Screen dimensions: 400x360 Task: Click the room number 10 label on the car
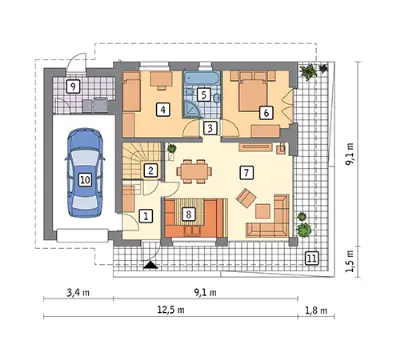pyautogui.click(x=85, y=180)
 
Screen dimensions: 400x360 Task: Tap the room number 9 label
pyautogui.click(x=73, y=87)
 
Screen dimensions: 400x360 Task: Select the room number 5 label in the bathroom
pyautogui.click(x=203, y=94)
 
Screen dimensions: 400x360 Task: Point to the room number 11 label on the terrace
pyautogui.click(x=312, y=258)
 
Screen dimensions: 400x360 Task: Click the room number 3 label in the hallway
pyautogui.click(x=210, y=128)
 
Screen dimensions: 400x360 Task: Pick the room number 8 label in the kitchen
pyautogui.click(x=189, y=214)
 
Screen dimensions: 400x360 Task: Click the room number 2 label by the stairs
pyautogui.click(x=151, y=171)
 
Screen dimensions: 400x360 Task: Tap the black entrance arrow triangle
pyautogui.click(x=152, y=265)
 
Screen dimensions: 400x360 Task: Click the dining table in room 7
pyautogui.click(x=194, y=171)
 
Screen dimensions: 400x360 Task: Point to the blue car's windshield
pyautogui.click(x=85, y=157)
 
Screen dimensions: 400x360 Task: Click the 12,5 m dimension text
pyautogui.click(x=171, y=310)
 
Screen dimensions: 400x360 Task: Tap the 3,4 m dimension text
pyautogui.click(x=78, y=293)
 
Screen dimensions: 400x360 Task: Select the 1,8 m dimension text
pyautogui.click(x=316, y=310)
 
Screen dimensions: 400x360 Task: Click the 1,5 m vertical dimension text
pyautogui.click(x=349, y=261)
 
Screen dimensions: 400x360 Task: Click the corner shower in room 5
pyautogui.click(x=192, y=110)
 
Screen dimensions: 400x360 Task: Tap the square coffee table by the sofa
pyautogui.click(x=263, y=211)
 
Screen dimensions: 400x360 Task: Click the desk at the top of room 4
pyautogui.click(x=161, y=80)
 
